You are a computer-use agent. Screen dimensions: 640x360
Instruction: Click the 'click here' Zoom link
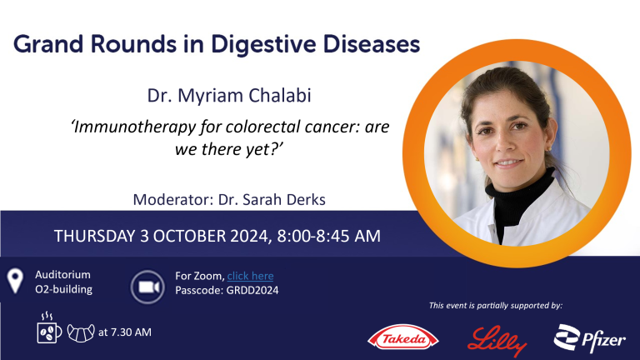click(250, 276)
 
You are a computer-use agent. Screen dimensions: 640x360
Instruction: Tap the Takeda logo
click(402, 337)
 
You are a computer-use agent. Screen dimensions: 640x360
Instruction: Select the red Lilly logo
click(497, 341)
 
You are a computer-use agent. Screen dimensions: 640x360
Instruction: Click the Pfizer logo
click(589, 338)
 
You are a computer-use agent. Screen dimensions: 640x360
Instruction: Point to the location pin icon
click(15, 280)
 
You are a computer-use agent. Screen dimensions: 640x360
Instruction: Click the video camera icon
click(147, 287)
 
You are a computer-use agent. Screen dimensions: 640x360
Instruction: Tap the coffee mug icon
click(48, 327)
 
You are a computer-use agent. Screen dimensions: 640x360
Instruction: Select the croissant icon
click(81, 333)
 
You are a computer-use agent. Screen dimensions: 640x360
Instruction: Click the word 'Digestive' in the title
click(263, 44)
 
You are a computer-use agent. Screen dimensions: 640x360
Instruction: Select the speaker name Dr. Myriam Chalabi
click(229, 96)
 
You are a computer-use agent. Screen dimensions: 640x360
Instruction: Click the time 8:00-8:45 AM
click(328, 236)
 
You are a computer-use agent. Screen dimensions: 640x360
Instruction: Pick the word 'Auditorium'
click(62, 274)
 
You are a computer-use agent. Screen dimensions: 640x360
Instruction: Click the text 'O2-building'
click(63, 289)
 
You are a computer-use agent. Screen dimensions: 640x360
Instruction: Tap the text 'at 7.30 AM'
click(125, 332)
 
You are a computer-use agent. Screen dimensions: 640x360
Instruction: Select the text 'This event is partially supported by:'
click(496, 305)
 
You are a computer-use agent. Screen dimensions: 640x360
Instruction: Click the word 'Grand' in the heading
click(48, 44)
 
